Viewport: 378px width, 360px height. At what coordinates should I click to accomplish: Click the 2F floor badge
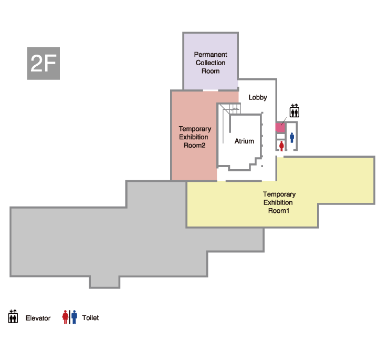(x=44, y=63)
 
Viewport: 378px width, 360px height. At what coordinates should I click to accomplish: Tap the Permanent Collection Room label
(x=211, y=63)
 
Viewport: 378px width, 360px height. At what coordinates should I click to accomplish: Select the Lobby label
(x=258, y=97)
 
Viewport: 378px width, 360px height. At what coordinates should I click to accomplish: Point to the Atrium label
(x=244, y=141)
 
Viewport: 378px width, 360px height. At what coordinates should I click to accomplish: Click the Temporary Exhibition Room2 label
(x=195, y=137)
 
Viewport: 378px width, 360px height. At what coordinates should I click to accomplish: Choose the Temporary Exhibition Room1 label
(x=279, y=202)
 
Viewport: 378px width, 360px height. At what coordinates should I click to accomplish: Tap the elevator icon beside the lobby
(x=295, y=110)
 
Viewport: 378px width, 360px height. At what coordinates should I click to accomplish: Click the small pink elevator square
(x=280, y=128)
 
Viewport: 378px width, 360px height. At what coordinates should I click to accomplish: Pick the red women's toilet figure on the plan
(x=281, y=146)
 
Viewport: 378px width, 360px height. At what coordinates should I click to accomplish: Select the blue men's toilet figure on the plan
(x=292, y=137)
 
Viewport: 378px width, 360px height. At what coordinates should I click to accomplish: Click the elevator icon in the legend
(x=13, y=316)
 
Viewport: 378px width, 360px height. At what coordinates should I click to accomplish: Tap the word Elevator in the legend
(x=38, y=318)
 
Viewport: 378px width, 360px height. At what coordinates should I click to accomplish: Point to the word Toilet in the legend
(x=90, y=318)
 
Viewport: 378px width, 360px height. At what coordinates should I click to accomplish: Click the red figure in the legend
(x=65, y=317)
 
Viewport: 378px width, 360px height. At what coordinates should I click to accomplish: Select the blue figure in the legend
(x=74, y=317)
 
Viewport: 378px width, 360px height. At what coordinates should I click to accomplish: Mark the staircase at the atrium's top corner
(x=231, y=109)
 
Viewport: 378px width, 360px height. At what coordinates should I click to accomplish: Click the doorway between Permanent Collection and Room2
(x=211, y=90)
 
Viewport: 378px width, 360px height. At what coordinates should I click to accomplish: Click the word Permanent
(x=211, y=55)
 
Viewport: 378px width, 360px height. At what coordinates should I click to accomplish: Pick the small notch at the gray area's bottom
(x=104, y=282)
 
